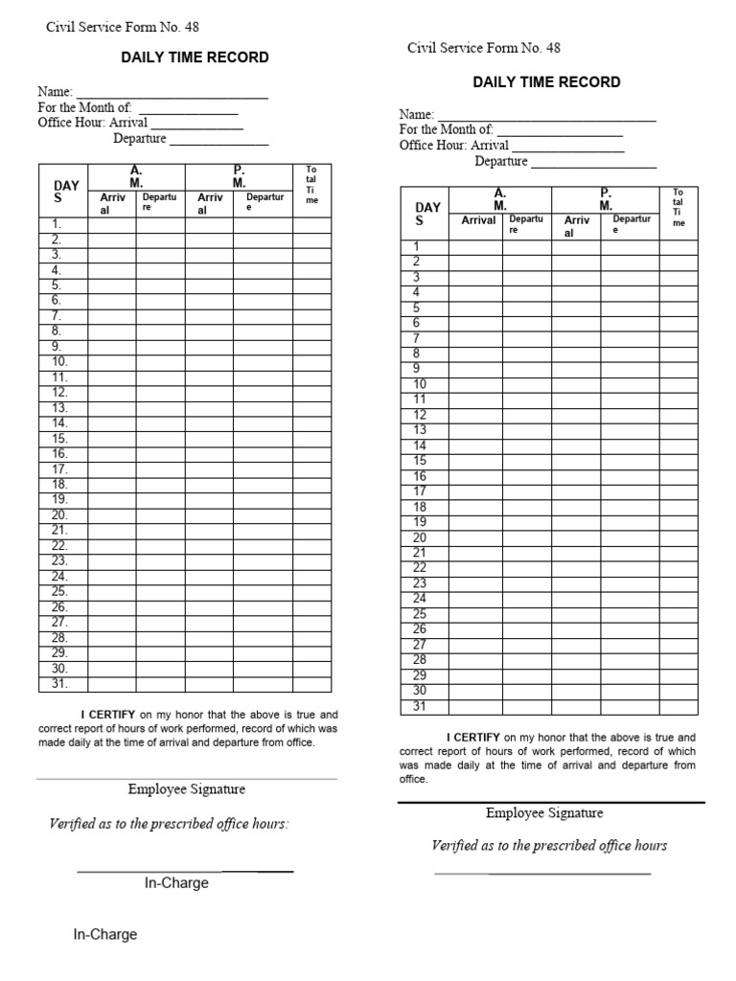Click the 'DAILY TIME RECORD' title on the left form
(195, 57)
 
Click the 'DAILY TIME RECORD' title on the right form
(546, 82)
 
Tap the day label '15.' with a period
(59, 438)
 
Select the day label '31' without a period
(419, 706)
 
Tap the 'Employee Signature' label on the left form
(187, 789)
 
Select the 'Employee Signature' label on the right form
(544, 813)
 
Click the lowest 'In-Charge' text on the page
(105, 934)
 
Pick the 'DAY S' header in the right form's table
(427, 214)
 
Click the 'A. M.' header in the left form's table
(136, 176)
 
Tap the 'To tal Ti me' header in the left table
(311, 185)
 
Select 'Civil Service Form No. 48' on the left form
(123, 28)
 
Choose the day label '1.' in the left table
(57, 224)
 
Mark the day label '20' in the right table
(419, 537)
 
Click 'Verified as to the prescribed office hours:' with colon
(169, 824)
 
